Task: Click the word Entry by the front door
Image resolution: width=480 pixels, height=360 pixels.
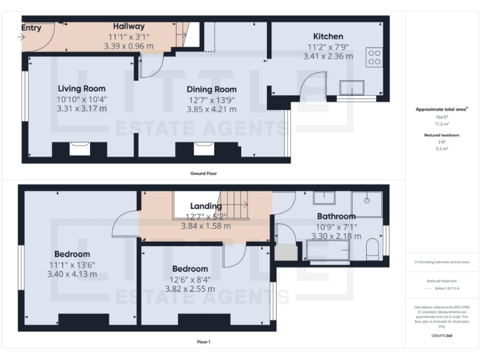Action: point(31,27)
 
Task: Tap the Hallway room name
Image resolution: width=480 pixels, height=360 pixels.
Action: point(129,26)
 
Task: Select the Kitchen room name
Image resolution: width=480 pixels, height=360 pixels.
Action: point(327,36)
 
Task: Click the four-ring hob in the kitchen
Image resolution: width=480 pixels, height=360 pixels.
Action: point(374,57)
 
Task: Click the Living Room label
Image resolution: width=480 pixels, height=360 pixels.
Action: point(82,89)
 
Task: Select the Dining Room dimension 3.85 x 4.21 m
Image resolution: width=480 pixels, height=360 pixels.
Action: point(212,109)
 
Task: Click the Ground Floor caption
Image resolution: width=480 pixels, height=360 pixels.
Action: point(204,173)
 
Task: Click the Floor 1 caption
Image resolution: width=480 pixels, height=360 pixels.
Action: point(203,342)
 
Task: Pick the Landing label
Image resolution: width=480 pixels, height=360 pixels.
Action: point(206,206)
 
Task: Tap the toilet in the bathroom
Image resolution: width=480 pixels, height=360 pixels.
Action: point(372,248)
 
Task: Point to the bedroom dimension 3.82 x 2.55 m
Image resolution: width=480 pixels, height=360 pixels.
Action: point(190,289)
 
